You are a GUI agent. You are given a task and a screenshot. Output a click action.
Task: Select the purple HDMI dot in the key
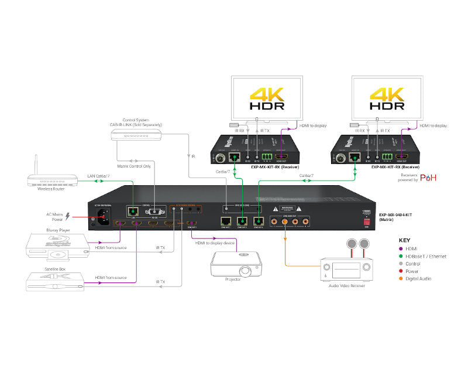click(402, 248)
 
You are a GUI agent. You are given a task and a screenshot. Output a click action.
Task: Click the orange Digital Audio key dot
click(402, 279)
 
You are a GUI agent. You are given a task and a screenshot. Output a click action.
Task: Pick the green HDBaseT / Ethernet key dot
click(402, 256)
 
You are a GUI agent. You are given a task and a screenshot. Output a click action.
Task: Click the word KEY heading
click(405, 240)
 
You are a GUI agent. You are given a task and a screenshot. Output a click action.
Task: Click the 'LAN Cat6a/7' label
click(100, 176)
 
